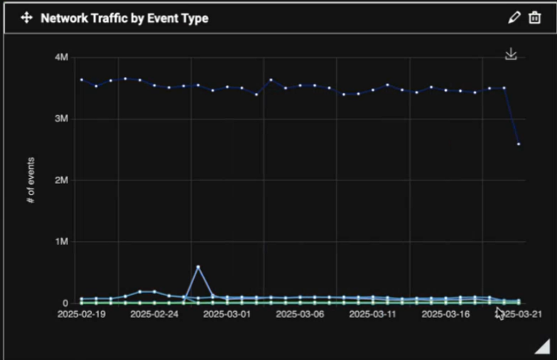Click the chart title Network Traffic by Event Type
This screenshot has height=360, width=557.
pos(124,18)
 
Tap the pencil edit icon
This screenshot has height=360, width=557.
pos(514,18)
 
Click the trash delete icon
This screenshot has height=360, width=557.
pos(535,18)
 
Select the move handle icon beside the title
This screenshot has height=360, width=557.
pos(26,18)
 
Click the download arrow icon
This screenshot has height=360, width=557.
pos(511,55)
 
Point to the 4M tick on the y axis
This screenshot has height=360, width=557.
pos(61,57)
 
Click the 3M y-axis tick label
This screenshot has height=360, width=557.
pos(61,119)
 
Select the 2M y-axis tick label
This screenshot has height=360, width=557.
pos(61,180)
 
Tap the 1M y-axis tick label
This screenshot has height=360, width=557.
pos(61,242)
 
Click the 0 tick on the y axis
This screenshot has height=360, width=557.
pos(65,303)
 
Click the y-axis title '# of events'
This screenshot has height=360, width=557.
pos(31,180)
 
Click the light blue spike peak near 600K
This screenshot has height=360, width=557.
pos(198,267)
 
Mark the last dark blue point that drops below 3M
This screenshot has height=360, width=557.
pos(519,144)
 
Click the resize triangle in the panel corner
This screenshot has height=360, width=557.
pos(542,346)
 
